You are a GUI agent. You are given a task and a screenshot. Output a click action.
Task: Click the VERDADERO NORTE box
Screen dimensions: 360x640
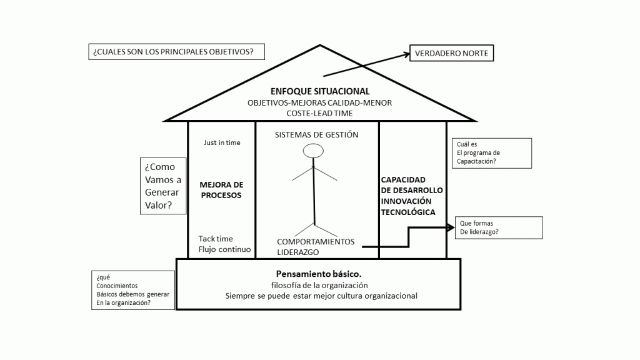[x=451, y=54]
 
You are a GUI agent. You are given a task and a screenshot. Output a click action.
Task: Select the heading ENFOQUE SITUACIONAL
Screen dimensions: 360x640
[x=319, y=91]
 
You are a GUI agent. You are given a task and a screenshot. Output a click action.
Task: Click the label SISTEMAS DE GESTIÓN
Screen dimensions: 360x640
[x=317, y=134]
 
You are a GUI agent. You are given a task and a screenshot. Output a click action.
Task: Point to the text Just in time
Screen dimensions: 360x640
[x=222, y=142]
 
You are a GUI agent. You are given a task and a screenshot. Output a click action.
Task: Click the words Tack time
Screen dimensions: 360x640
[x=216, y=239]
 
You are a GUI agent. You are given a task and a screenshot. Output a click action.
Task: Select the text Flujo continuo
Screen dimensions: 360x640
[x=224, y=249]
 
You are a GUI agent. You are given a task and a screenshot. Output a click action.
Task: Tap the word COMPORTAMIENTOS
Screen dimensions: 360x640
[x=316, y=242]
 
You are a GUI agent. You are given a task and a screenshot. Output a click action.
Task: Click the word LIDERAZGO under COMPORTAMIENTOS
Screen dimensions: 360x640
[x=298, y=252]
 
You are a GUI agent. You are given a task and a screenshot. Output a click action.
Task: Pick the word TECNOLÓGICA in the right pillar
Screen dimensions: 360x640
[x=408, y=212]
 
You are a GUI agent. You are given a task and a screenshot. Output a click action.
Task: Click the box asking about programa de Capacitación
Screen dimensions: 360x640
[x=491, y=152]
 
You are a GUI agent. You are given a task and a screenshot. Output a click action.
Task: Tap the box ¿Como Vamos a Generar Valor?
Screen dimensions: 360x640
[x=164, y=186]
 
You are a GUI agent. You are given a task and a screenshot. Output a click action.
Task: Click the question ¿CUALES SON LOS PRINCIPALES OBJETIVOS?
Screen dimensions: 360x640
[x=176, y=52]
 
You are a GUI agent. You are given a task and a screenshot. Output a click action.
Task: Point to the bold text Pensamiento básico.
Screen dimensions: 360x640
[x=319, y=274]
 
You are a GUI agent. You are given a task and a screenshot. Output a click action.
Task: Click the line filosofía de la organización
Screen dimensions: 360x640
[x=319, y=285]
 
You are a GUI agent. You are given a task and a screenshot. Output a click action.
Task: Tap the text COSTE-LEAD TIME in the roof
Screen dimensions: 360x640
[x=319, y=113]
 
